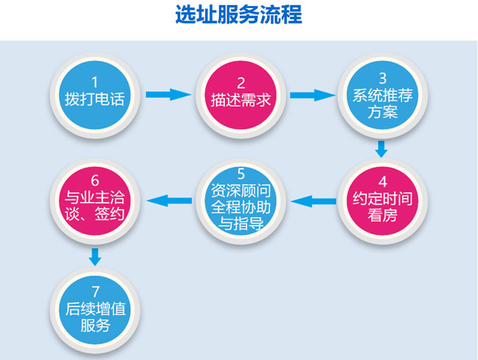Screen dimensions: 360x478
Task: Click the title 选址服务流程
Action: point(238,15)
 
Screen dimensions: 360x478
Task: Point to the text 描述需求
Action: point(238,98)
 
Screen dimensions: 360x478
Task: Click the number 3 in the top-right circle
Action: point(382,77)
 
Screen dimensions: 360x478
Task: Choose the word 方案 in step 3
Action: point(382,113)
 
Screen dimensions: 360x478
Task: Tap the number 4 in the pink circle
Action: point(382,181)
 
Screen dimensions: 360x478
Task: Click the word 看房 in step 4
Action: point(382,216)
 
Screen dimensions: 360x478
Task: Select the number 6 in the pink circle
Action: point(93,181)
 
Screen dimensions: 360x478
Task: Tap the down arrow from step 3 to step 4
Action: point(381,148)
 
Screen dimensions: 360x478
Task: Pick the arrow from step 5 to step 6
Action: point(167,198)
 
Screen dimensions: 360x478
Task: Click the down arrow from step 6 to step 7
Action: point(94,256)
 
